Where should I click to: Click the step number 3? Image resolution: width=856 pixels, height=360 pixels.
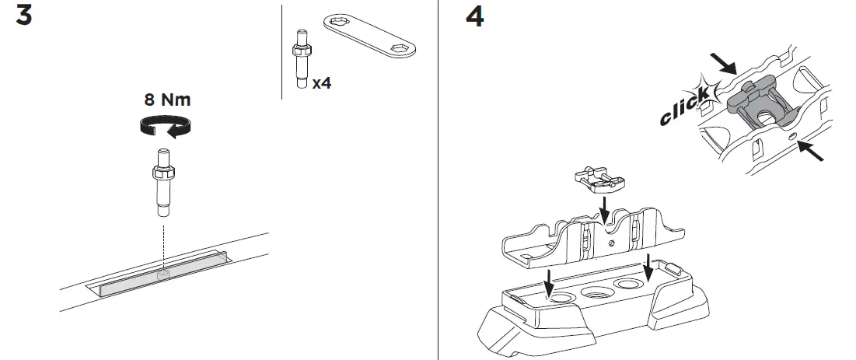coord(23,16)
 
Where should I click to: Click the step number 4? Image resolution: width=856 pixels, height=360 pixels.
coord(473,16)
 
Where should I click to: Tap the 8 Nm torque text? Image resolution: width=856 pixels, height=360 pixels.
coord(167,100)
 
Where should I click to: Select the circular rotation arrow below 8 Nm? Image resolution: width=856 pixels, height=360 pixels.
coord(166,126)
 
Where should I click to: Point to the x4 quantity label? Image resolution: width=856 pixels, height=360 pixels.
coord(321,82)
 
